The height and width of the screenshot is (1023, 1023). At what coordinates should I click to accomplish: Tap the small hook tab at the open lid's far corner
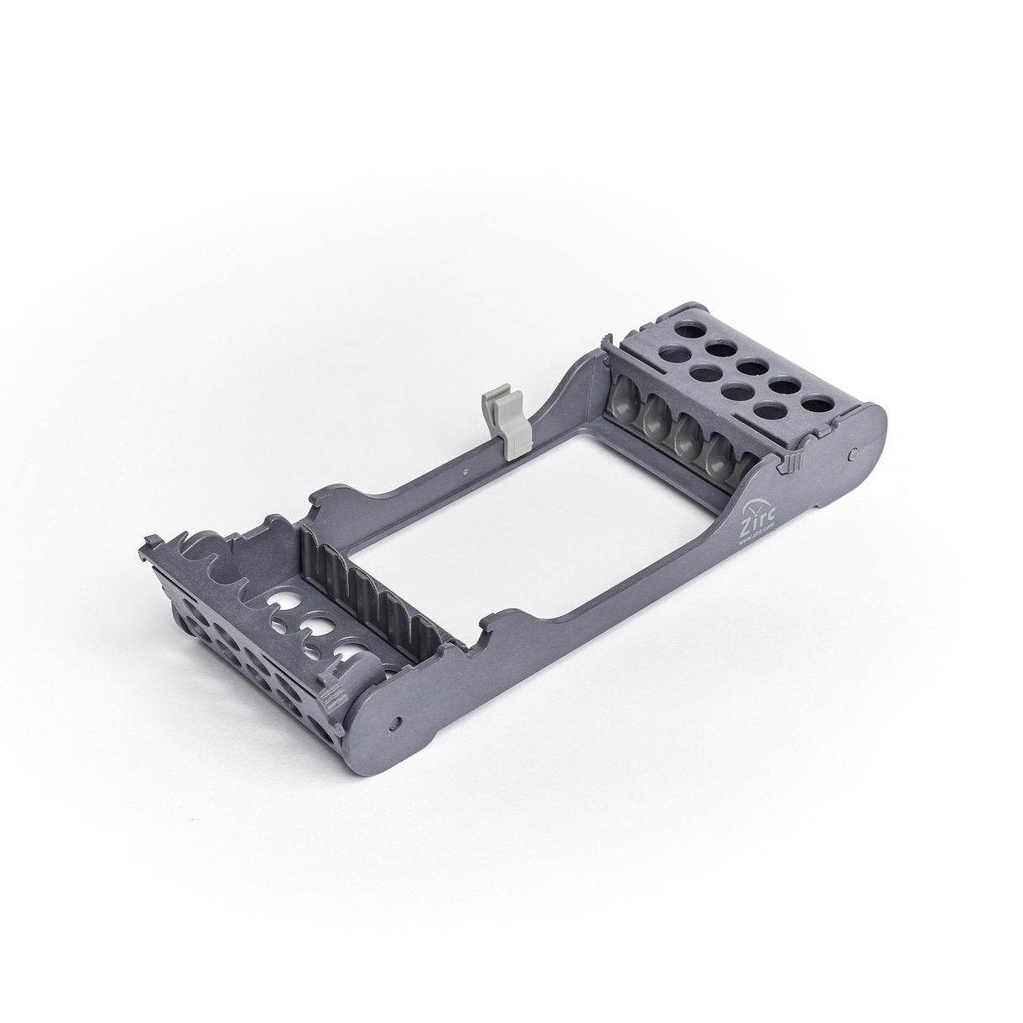pos(154,539)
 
